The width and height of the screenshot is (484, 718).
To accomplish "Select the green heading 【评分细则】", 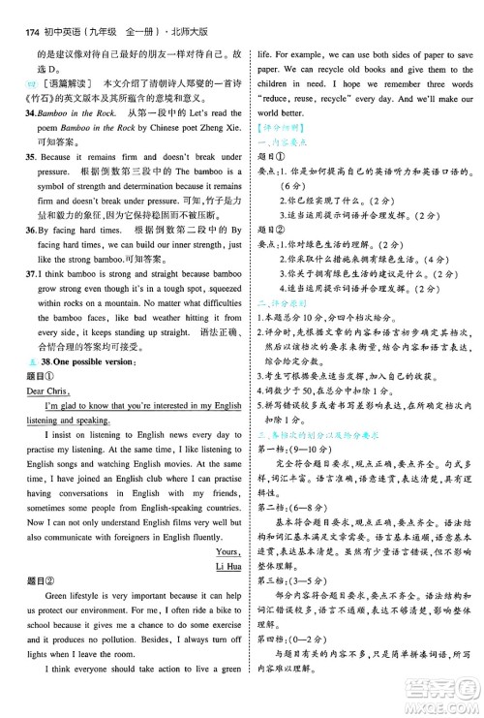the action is coord(279,131).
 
